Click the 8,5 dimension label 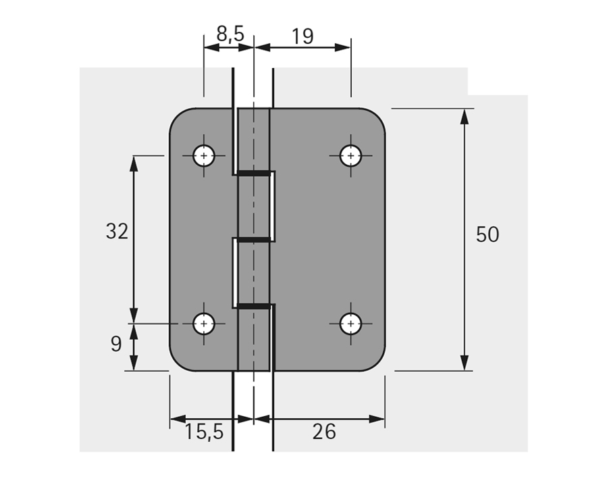[x=230, y=34]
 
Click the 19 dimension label [x=303, y=35]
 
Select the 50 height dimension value [x=487, y=234]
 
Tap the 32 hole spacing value [x=117, y=232]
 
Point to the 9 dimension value [x=116, y=344]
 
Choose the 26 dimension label [x=324, y=431]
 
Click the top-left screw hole [x=204, y=156]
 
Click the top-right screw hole [x=350, y=156]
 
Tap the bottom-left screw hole [x=204, y=324]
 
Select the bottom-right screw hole [x=350, y=324]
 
